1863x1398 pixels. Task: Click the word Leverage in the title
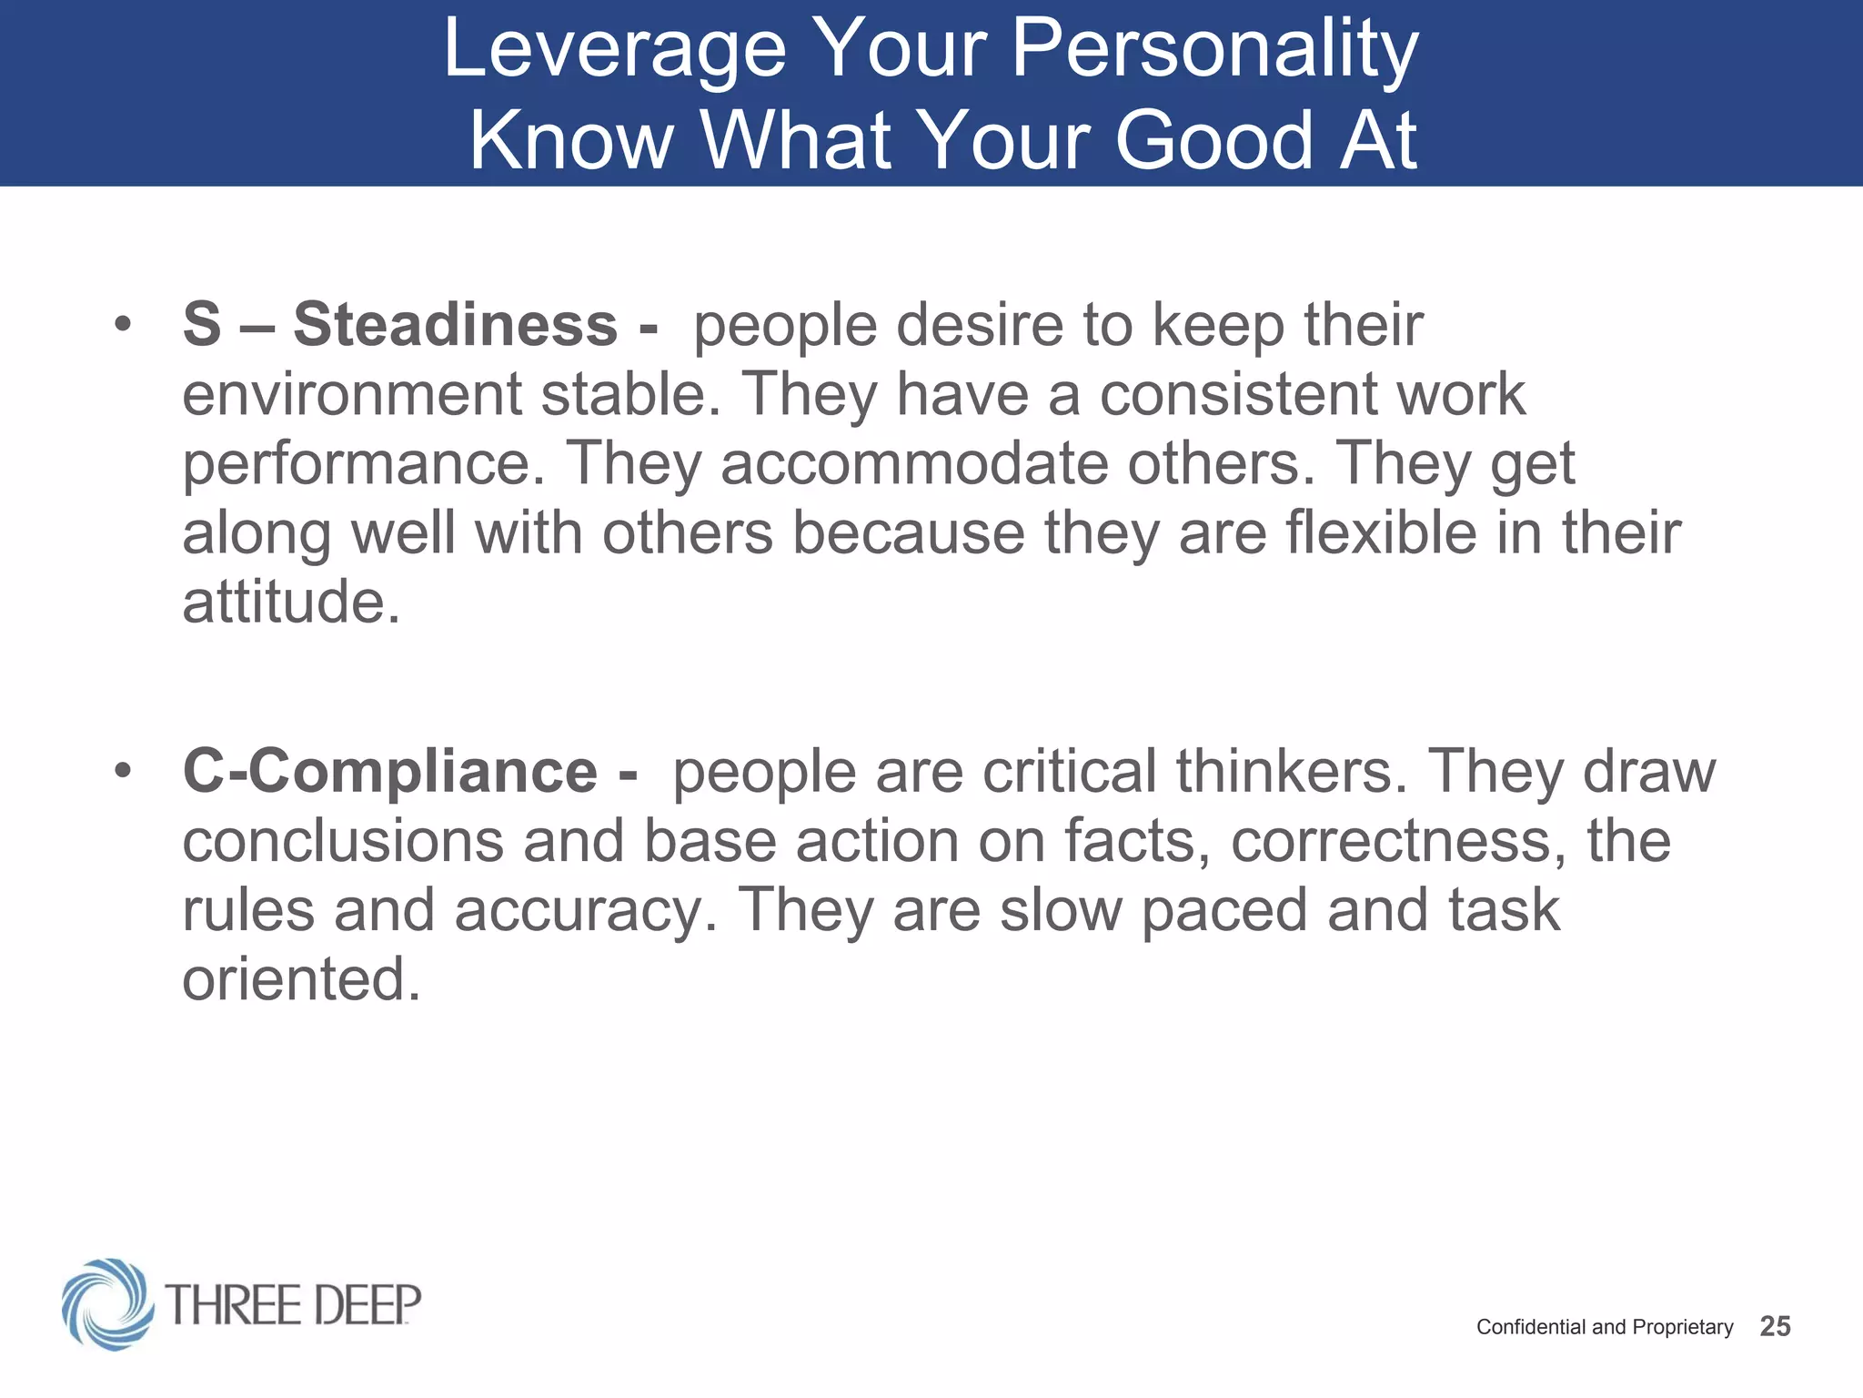(614, 51)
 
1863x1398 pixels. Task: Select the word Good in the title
(1214, 141)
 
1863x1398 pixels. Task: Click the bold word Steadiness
(455, 325)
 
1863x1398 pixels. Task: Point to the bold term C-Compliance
(390, 772)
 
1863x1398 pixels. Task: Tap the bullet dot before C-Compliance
(123, 771)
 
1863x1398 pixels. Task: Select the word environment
(352, 395)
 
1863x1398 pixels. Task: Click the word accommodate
(914, 464)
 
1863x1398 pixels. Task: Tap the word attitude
(290, 603)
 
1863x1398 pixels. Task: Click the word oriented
(301, 980)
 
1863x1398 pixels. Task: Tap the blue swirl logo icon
(107, 1304)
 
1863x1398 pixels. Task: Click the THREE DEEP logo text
(293, 1305)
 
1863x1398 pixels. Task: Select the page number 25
(1775, 1327)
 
